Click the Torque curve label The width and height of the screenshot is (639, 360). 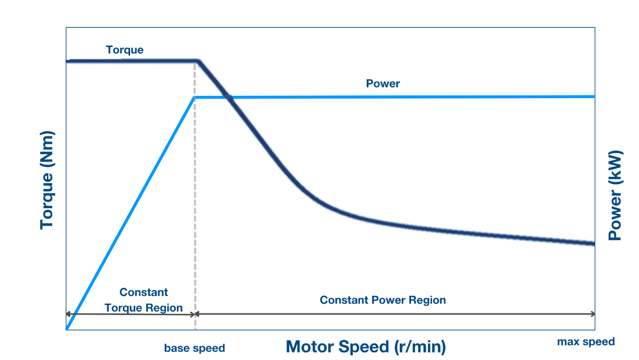124,50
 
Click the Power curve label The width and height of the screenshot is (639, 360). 383,84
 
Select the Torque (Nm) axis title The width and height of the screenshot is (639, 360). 47,180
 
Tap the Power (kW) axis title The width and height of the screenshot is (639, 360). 616,196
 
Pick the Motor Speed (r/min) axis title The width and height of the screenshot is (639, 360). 366,347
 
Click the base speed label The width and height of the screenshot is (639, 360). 194,348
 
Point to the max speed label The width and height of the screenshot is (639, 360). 586,342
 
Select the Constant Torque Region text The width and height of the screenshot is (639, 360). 144,300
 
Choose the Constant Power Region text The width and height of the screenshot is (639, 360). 383,300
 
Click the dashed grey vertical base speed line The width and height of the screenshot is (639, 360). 195,201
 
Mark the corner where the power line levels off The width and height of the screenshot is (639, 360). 195,97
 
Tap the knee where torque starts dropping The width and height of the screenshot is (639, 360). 198,61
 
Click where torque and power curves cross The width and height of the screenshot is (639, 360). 228,97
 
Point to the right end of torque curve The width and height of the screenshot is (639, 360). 593,244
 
